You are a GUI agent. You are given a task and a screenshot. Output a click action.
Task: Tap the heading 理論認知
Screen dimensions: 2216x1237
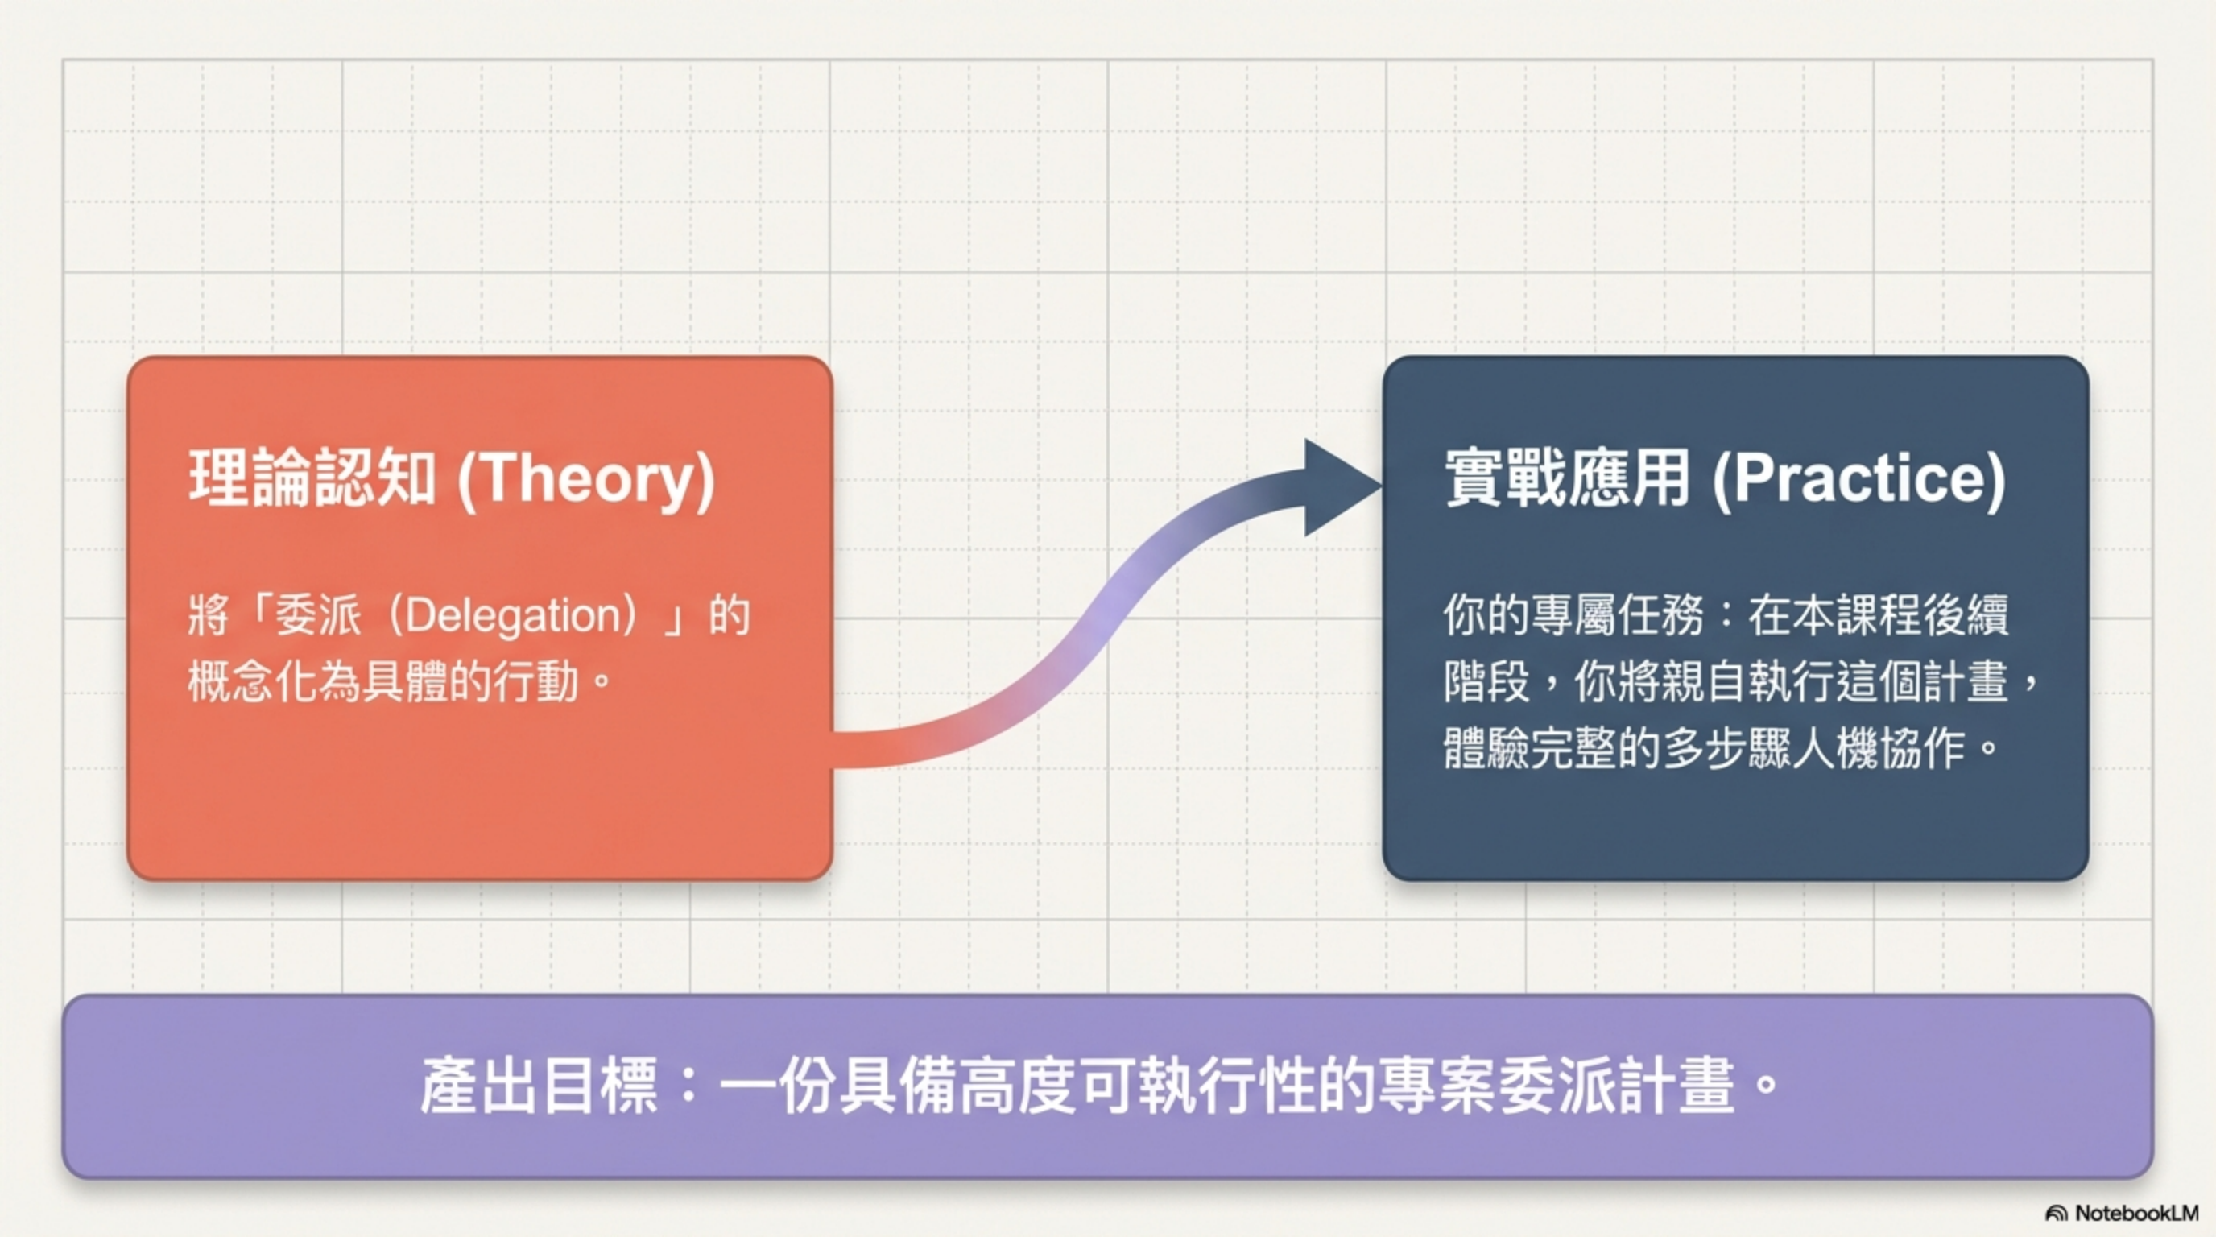click(x=313, y=478)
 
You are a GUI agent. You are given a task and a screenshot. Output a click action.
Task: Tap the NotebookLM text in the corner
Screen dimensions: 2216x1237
click(x=2137, y=1213)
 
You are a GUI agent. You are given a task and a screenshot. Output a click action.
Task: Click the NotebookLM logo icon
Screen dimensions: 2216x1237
click(x=2057, y=1214)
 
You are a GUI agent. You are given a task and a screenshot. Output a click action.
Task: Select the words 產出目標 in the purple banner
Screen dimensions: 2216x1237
click(x=540, y=1086)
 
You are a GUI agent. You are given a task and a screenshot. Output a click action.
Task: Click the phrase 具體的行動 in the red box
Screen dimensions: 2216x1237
click(x=469, y=684)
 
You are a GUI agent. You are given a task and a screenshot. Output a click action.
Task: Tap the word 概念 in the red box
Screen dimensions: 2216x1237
click(x=231, y=684)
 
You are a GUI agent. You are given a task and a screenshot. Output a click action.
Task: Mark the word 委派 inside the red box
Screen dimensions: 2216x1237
click(x=317, y=617)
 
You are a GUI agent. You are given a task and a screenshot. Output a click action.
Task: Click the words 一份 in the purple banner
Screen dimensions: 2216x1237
click(x=779, y=1086)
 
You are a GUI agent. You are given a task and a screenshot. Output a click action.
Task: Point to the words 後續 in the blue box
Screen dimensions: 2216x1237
click(x=1966, y=616)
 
